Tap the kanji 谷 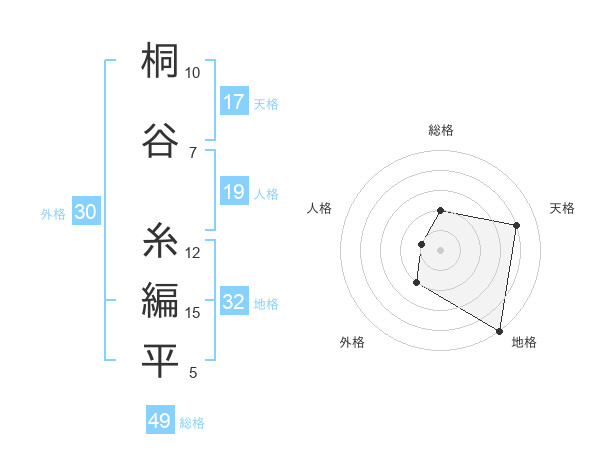coord(161,137)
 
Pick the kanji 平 coord(161,362)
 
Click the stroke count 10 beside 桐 coord(193,73)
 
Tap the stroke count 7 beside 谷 coord(193,152)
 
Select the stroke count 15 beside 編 coord(193,313)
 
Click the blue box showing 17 coord(234,102)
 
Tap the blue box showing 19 coord(234,192)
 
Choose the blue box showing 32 coord(234,303)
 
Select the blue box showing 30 coord(85,212)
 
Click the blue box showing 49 coord(160,421)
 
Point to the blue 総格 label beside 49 coord(192,423)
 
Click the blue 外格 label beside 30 coord(53,213)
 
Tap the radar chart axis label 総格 coord(441,130)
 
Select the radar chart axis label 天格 coord(562,208)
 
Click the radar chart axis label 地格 coord(524,342)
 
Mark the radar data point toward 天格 coord(516,226)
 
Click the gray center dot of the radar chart coord(440,249)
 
